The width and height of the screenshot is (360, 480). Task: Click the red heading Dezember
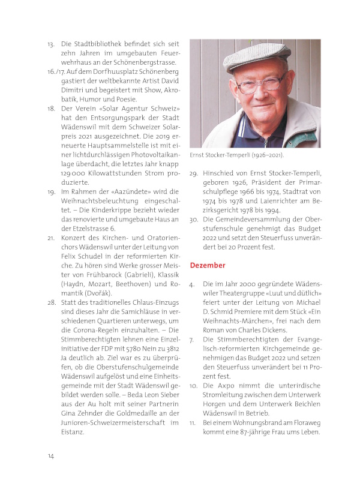(x=207, y=265)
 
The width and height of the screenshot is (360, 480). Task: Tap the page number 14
(x=52, y=456)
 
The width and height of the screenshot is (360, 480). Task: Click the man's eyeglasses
(x=259, y=83)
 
